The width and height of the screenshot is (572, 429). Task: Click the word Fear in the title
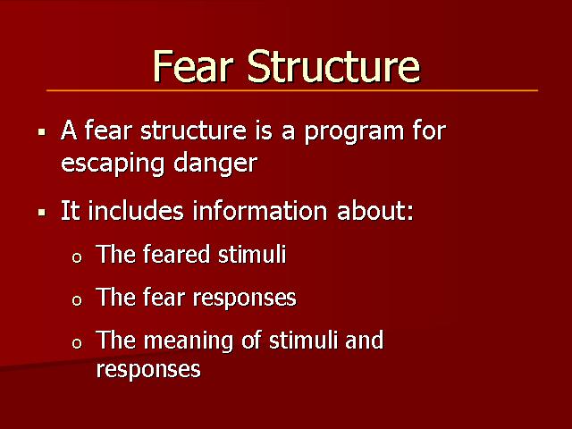tap(193, 66)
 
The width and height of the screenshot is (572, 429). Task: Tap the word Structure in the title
tap(333, 66)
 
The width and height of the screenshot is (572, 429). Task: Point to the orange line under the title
tap(292, 90)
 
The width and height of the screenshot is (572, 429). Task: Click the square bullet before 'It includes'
tap(42, 212)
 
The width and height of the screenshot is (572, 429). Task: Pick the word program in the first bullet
tap(354, 132)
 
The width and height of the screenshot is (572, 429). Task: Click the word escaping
tap(113, 164)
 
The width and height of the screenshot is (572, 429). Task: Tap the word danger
tap(215, 164)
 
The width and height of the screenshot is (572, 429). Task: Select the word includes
tap(136, 211)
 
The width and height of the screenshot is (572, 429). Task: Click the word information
tap(260, 211)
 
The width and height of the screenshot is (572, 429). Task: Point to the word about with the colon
tap(375, 211)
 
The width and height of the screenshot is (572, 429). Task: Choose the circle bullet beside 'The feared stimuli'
tap(77, 258)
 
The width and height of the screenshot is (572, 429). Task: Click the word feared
tap(176, 254)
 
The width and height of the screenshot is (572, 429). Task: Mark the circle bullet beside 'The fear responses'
tap(77, 300)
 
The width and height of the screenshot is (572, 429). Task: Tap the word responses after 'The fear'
tap(244, 299)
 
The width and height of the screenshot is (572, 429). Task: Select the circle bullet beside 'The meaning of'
tap(77, 343)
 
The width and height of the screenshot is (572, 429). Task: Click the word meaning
tap(189, 341)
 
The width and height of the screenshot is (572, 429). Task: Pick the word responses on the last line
tap(148, 370)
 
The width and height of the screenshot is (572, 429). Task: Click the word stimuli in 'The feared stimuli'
tap(252, 254)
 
